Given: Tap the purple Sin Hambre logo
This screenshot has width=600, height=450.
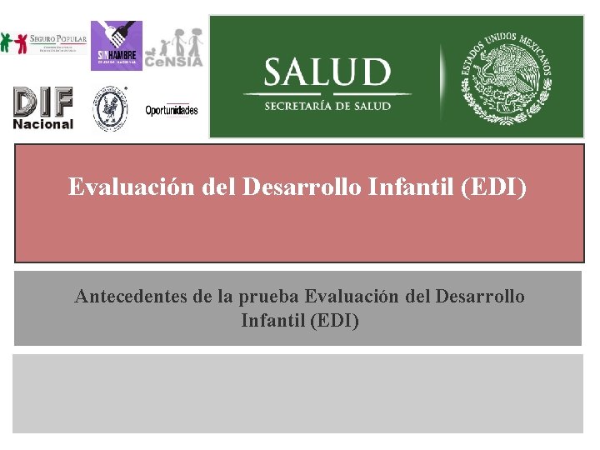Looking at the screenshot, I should pos(116,45).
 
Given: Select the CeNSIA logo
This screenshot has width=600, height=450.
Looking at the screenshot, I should pos(173,48).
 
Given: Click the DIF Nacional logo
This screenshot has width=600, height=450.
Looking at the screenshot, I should pos(43,108).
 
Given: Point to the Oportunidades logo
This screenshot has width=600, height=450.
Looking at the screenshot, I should pos(172,111).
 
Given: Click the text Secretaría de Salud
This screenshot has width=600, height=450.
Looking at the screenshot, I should pos(327,106).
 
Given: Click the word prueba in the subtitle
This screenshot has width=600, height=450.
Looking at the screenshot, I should pos(271,297).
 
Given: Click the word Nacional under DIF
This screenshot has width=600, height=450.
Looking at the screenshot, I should pos(43,124).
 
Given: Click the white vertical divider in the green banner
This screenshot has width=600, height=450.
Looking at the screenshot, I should pos(441,77).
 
